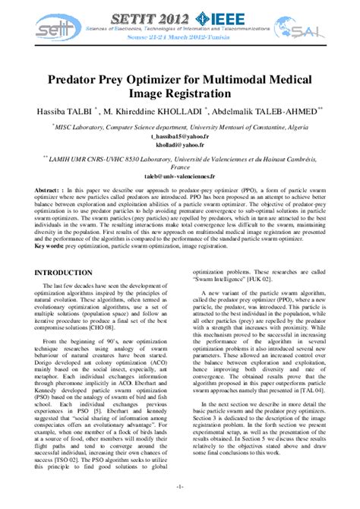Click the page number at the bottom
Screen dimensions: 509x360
click(x=179, y=486)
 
